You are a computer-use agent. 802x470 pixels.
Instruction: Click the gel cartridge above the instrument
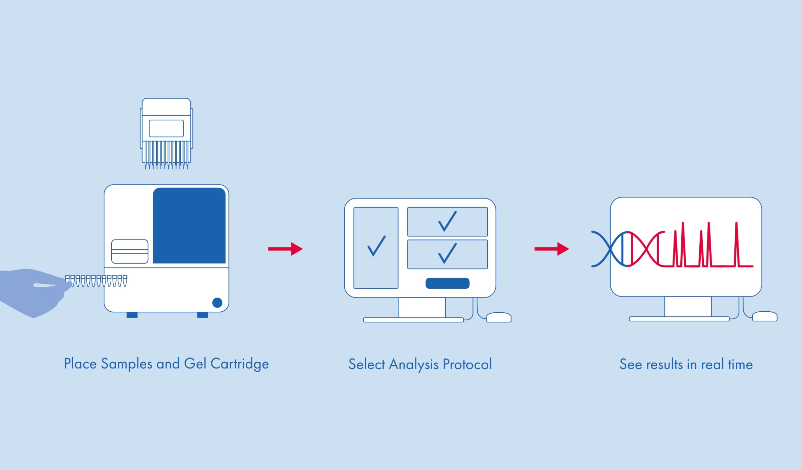[166, 133]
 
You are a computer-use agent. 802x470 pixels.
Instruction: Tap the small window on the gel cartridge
[166, 128]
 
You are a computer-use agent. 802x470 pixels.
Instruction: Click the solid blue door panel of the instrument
[189, 225]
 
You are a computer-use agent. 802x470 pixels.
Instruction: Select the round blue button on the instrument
[217, 303]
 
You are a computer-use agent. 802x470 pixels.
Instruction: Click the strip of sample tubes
[96, 281]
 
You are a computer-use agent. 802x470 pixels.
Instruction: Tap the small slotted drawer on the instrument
[130, 252]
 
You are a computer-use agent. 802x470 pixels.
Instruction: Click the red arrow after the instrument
[285, 249]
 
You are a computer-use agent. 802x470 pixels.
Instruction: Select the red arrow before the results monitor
[552, 249]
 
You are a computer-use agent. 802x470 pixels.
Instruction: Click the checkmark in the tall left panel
[377, 246]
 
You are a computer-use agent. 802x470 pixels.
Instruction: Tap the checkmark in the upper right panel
[447, 221]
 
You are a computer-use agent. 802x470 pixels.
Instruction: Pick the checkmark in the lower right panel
[447, 253]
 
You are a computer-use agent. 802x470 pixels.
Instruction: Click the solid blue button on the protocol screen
[447, 283]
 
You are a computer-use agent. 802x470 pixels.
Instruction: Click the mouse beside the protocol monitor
[499, 317]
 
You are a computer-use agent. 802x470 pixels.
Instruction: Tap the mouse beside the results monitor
[765, 316]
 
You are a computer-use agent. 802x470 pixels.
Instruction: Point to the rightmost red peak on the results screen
[736, 245]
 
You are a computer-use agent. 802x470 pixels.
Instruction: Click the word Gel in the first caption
[195, 364]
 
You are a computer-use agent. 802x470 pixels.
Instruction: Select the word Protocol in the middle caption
[467, 364]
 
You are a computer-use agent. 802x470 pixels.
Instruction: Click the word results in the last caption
[665, 365]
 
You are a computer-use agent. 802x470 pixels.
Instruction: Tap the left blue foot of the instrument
[132, 315]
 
